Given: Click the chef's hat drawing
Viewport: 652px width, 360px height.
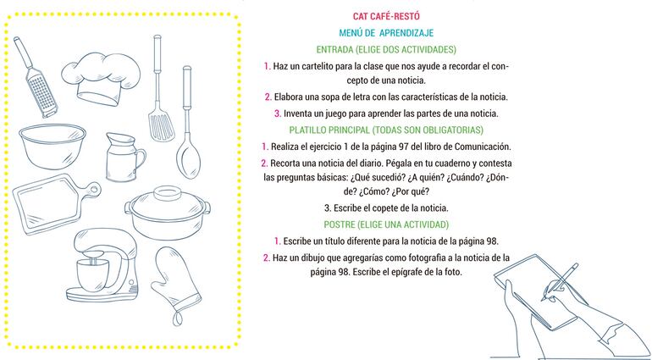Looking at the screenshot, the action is click(101, 78).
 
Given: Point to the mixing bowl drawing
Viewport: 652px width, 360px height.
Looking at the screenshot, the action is click(52, 146).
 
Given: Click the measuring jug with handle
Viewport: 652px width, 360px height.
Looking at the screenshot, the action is click(124, 157).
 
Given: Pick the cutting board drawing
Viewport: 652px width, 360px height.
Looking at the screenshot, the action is click(55, 204).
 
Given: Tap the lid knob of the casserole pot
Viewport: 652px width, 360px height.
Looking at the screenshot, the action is click(167, 193).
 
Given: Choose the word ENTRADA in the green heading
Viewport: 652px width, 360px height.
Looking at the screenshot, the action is click(334, 49).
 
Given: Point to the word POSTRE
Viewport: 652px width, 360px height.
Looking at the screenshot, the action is click(339, 224).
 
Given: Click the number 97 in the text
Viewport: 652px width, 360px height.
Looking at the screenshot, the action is click(403, 147).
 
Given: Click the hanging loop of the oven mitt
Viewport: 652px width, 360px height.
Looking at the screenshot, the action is click(178, 318).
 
